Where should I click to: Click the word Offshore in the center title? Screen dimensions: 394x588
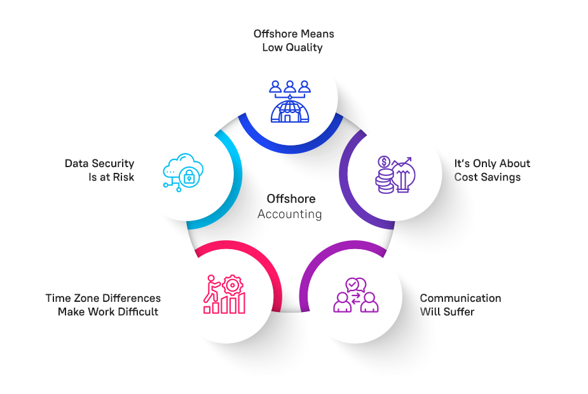point(291,199)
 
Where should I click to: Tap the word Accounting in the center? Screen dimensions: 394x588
point(290,214)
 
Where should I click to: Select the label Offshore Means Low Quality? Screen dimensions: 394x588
point(293,40)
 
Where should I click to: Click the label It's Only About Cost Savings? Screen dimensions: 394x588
point(491,170)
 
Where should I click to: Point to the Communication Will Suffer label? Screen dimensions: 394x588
point(460,304)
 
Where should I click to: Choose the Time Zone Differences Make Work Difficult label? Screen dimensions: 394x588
point(102,304)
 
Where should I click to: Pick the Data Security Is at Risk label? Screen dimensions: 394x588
point(99,170)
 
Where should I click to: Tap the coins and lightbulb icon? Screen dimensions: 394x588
point(395,174)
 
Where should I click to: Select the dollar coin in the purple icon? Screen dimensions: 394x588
point(385,163)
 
